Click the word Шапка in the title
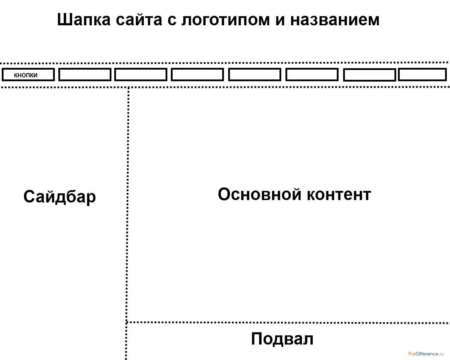83,20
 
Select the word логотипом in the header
225,20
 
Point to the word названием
335,20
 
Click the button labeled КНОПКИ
28,75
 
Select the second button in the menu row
85,75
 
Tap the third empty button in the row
141,75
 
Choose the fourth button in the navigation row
197,75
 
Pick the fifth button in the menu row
255,75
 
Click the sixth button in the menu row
312,75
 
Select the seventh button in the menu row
369,75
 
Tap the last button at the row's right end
422,75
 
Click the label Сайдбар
59,197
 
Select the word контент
339,194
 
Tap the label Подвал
282,339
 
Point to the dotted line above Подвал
288,322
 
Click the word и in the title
280,20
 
